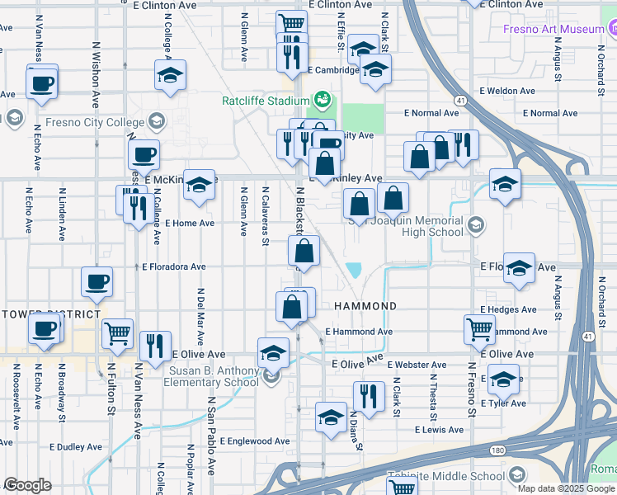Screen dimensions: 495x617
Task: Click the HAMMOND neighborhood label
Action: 365,306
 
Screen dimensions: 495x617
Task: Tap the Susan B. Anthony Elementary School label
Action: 214,376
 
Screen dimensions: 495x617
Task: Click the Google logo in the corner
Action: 27,485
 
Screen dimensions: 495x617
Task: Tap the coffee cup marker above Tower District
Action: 97,282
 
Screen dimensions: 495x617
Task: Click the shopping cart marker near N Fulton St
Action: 118,333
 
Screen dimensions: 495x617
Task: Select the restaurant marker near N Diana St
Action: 369,395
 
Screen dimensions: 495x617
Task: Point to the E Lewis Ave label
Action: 440,430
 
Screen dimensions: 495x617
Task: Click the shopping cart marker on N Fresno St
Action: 479,328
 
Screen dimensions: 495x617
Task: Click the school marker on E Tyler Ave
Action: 503,379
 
